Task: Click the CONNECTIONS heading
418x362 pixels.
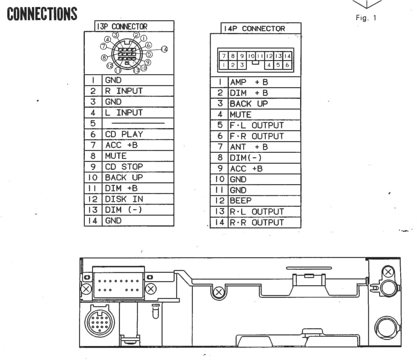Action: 42,14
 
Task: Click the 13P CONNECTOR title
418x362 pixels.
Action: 122,26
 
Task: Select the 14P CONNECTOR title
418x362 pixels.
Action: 253,29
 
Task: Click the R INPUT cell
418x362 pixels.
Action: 124,90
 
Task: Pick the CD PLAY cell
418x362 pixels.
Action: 124,134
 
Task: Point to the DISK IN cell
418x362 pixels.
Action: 124,199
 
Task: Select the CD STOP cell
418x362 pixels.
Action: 124,166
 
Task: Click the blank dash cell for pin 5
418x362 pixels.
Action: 138,123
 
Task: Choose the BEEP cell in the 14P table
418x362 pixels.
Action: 241,201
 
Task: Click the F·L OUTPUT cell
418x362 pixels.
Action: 256,125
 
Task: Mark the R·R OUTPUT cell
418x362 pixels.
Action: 256,223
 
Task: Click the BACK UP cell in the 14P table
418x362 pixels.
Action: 249,104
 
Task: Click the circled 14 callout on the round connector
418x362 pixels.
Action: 165,49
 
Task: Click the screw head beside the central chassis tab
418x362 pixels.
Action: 219,291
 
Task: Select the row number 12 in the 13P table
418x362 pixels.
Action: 93,199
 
